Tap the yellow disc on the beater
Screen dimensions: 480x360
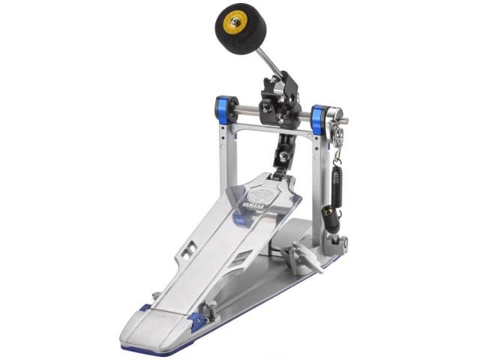(x=235, y=22)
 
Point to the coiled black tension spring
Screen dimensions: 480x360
(x=337, y=186)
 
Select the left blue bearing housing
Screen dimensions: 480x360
(x=225, y=110)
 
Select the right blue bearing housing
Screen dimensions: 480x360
(x=320, y=120)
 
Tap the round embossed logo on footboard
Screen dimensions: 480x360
(x=260, y=195)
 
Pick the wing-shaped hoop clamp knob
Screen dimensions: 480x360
(x=301, y=255)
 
